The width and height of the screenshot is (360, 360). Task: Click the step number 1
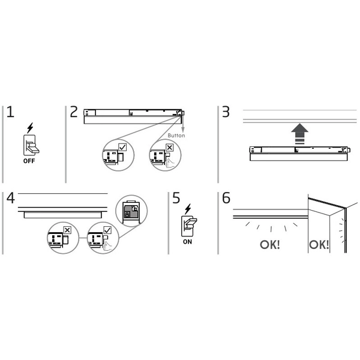point(11,112)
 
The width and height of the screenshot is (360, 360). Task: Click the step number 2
point(74,112)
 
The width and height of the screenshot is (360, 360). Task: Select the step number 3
point(226,112)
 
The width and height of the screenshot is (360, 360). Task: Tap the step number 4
point(11,199)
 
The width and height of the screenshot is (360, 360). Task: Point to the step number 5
point(175,198)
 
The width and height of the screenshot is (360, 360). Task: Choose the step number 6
point(226,198)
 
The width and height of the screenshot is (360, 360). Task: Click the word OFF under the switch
point(29,161)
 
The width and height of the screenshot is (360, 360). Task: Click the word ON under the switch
point(188,242)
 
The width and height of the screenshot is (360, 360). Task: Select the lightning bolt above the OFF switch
point(30,128)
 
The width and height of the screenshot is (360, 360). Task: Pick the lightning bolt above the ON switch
point(188,209)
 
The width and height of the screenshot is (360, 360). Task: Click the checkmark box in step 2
point(122,147)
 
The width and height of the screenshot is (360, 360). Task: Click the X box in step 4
point(67,229)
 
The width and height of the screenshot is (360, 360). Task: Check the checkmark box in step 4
point(107,229)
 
